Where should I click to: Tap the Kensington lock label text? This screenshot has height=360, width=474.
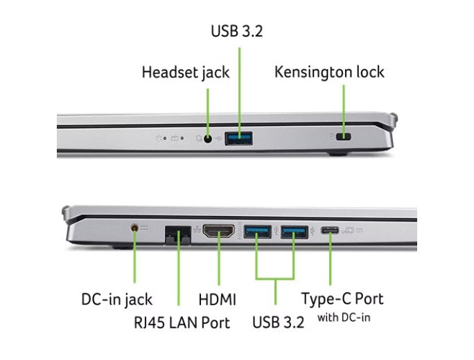tap(329, 72)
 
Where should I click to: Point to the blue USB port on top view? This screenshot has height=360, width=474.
tap(240, 138)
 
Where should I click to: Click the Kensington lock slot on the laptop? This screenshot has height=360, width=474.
tap(342, 138)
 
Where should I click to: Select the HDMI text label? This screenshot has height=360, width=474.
tap(217, 300)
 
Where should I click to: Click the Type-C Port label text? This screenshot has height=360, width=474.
tap(342, 299)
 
